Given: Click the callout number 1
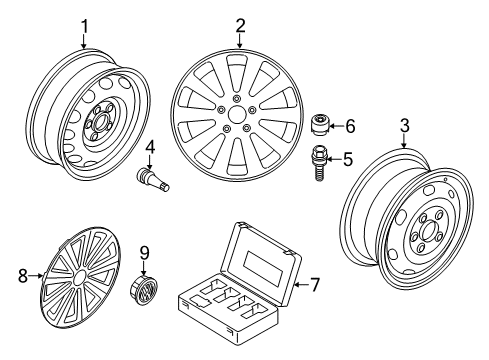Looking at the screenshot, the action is pos(85,27).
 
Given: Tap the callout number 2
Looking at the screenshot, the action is pos(240,26).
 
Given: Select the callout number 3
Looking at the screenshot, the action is pos(404,126).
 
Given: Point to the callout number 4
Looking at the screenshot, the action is pos(150,148).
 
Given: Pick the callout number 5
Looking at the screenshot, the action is pos(348,159).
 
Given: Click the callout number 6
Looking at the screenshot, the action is pos(350,126).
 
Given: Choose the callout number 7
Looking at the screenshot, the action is pos(314,285).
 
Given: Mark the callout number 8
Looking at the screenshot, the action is pos(23,276).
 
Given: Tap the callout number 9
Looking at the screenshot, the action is pos(144,254).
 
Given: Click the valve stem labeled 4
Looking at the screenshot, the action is pos(154,179).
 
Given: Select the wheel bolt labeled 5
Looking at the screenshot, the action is pos(319,163).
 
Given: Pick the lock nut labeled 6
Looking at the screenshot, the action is pos(320,125).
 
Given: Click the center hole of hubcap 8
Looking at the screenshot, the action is pos(79,278).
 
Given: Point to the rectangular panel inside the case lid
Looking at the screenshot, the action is pos(262,268).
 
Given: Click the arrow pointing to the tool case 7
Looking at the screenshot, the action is pos(301,285).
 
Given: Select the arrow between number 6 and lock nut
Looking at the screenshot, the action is pos(336,126).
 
